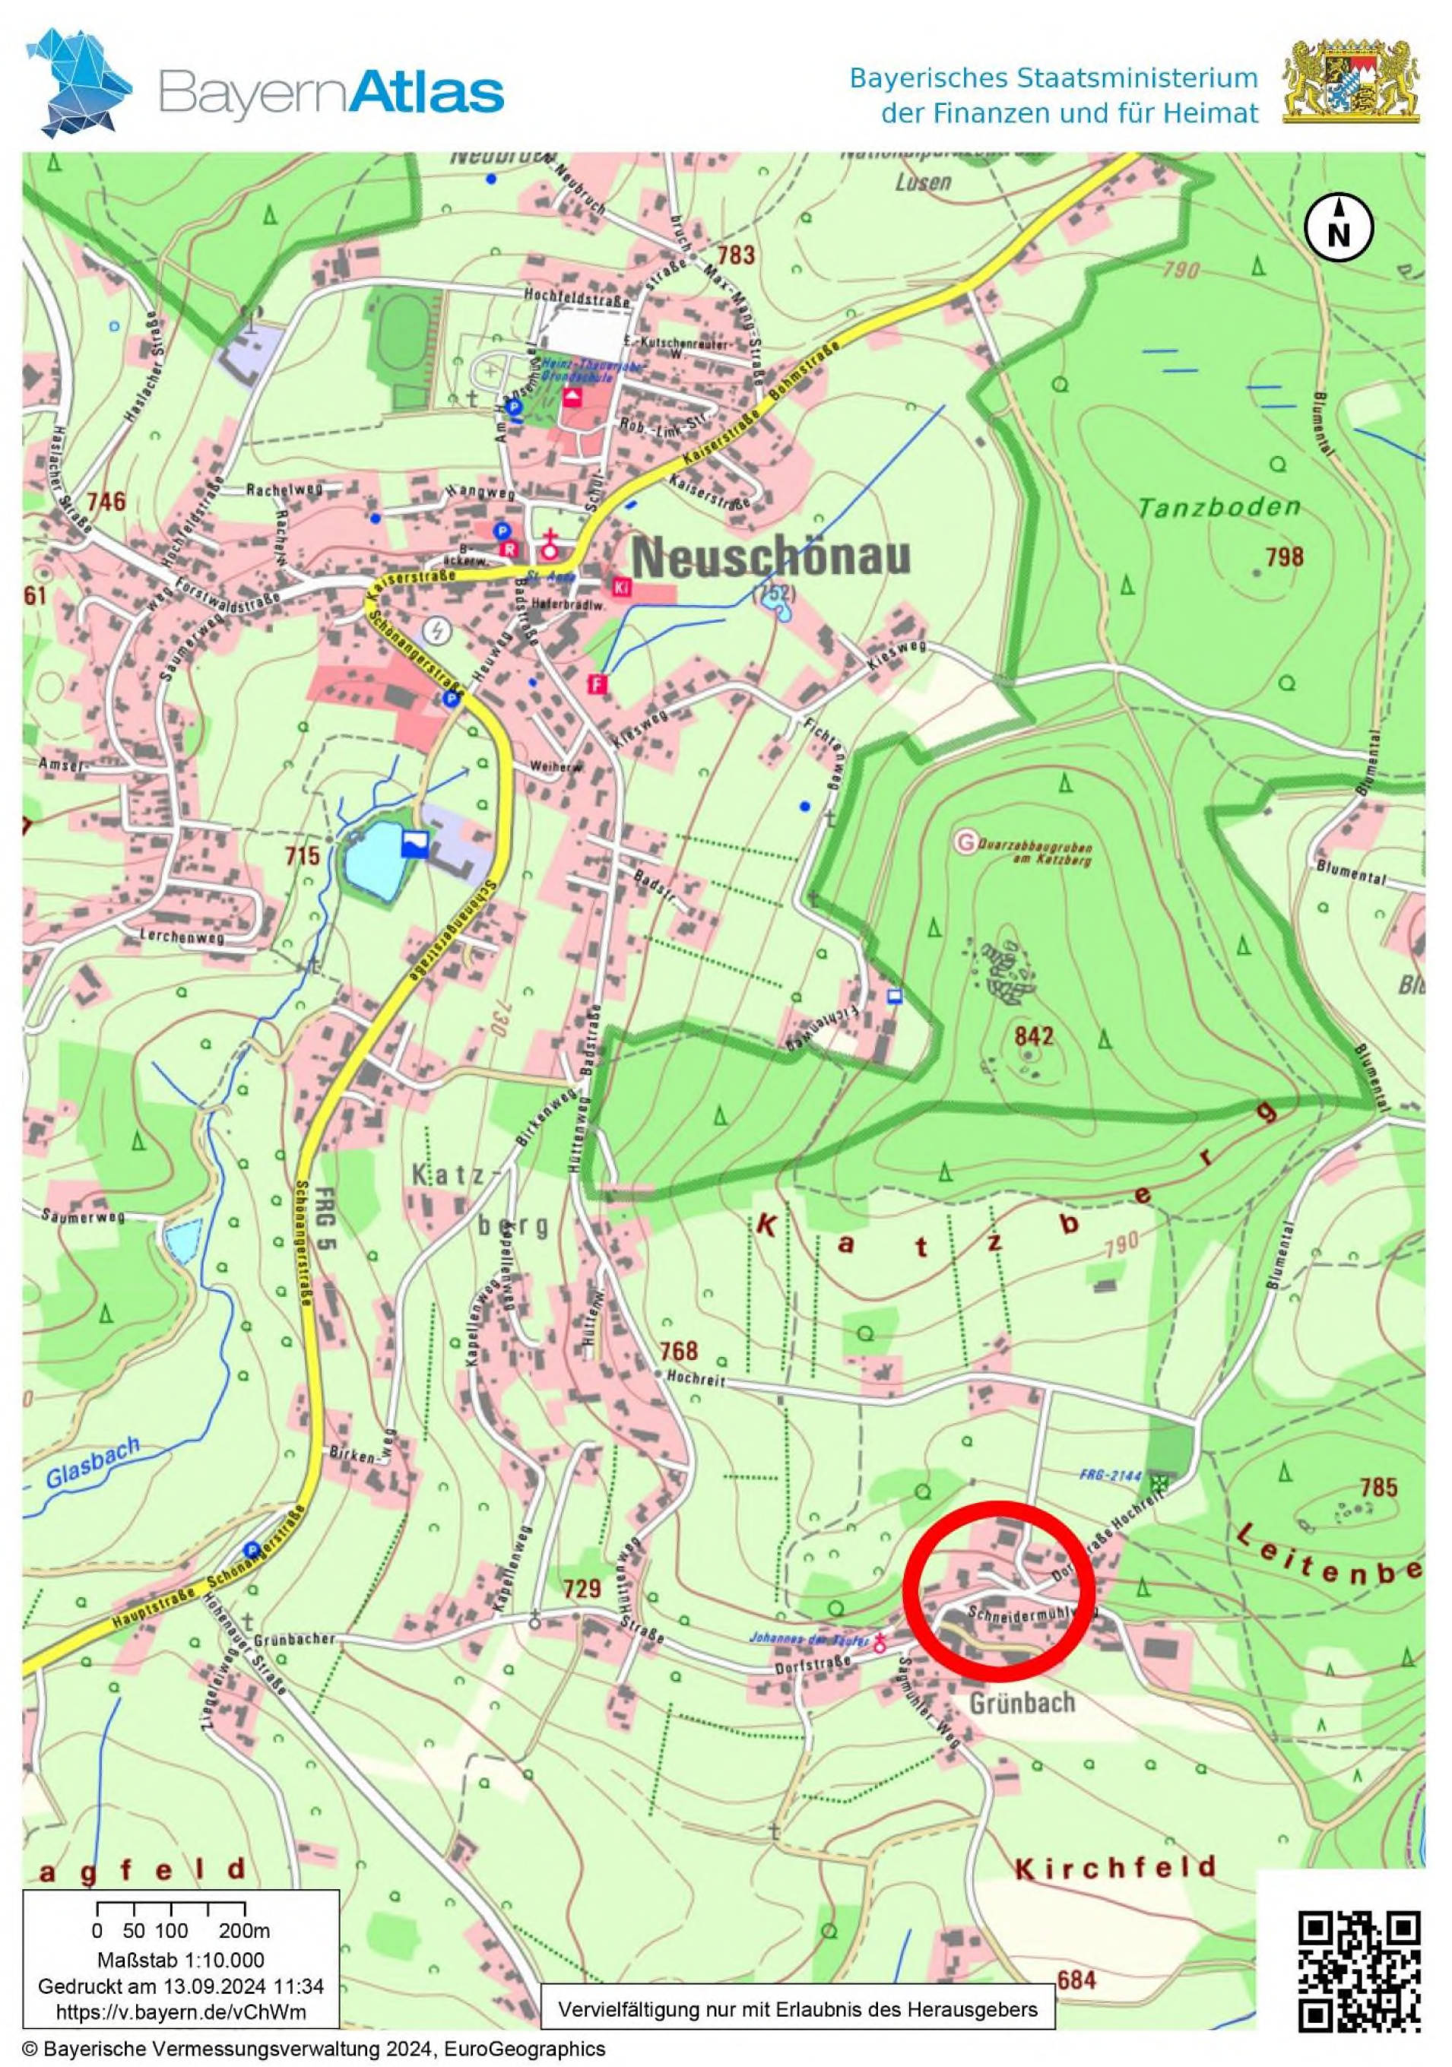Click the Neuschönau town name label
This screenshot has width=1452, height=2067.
click(x=771, y=558)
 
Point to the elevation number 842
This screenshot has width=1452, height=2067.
click(x=1033, y=1036)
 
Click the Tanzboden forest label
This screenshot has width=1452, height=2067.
click(x=1219, y=508)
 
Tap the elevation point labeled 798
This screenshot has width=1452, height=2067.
click(x=1284, y=556)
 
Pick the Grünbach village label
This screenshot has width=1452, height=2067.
click(x=1022, y=1702)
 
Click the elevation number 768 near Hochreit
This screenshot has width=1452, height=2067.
click(x=678, y=1349)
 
